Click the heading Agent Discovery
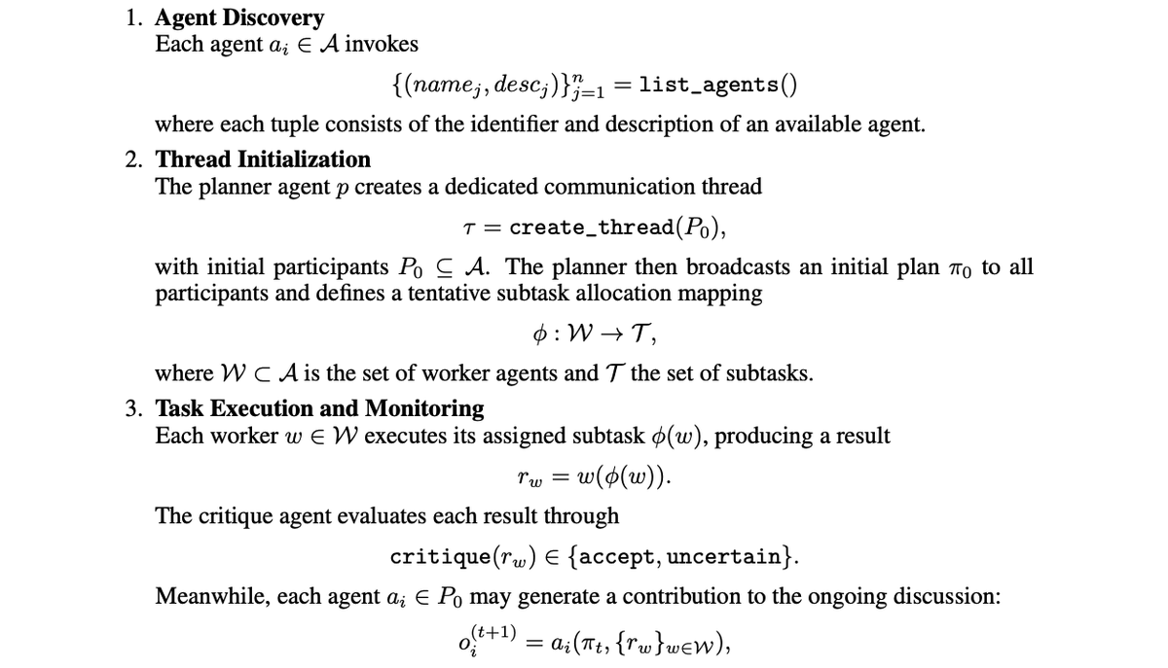(x=239, y=18)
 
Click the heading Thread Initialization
(x=263, y=158)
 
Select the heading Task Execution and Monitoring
(x=319, y=407)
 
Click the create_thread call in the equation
(x=593, y=228)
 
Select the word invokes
(x=383, y=45)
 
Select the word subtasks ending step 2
(x=773, y=373)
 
